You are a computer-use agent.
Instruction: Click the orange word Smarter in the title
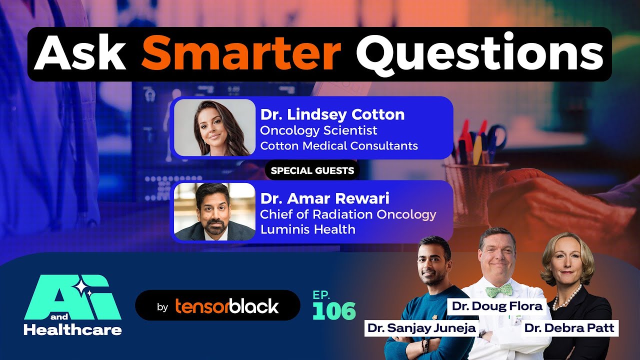pos(241,54)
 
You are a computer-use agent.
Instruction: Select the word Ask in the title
pos(80,53)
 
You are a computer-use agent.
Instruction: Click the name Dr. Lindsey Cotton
pos(332,115)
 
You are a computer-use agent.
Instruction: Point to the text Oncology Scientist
pos(318,131)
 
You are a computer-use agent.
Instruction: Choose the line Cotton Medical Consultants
pos(339,146)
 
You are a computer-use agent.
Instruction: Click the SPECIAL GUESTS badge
pos(312,170)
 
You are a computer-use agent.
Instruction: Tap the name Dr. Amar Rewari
pos(325,198)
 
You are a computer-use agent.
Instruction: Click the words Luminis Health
pos(307,229)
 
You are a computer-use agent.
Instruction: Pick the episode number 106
pos(334,311)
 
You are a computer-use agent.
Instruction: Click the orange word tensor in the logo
pos(201,306)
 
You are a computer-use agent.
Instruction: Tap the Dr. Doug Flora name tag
pos(497,306)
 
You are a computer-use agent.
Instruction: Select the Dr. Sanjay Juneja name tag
pos(421,328)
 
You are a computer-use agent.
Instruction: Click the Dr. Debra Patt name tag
pos(569,328)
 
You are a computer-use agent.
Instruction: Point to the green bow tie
pos(499,291)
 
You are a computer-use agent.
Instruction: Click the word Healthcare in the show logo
pos(73,330)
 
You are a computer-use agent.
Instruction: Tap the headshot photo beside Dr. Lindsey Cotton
pos(215,127)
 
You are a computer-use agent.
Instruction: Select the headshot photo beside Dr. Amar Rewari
pos(215,211)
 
